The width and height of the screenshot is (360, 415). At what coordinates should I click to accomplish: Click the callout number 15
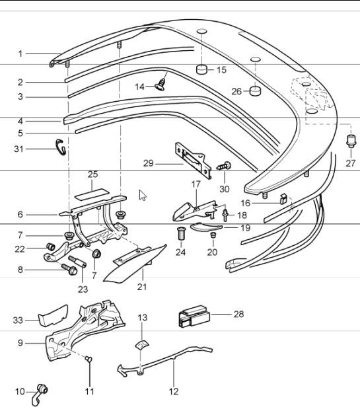click(221, 69)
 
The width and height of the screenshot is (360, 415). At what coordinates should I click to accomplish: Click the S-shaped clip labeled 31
click(60, 148)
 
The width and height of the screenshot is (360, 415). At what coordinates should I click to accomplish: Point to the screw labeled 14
click(159, 84)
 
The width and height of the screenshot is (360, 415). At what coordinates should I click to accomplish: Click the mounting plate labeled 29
click(192, 159)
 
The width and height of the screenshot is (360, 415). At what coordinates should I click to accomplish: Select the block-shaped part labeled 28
click(194, 317)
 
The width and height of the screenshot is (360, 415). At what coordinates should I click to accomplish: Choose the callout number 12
click(173, 391)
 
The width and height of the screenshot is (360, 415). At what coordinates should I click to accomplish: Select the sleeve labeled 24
click(181, 233)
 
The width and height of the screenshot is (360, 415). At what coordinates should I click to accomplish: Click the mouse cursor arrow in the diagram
click(143, 195)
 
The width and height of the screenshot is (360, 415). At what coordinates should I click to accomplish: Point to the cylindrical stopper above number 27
click(351, 139)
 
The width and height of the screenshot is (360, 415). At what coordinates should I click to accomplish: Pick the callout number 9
click(20, 342)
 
